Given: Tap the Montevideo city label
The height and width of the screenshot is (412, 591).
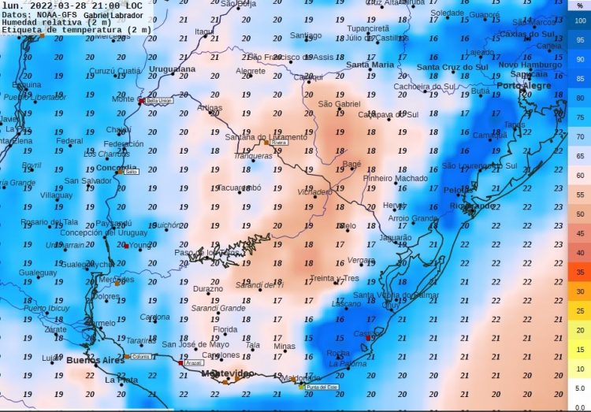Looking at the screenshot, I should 227,373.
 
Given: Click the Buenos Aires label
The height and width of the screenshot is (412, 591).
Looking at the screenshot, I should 94,360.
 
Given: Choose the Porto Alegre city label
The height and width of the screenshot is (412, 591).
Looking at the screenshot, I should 523,85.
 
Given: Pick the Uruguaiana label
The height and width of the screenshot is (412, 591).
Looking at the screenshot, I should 172,69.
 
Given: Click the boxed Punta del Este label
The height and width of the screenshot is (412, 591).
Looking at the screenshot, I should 322,387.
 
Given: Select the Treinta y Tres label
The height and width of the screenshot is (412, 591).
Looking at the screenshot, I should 334,278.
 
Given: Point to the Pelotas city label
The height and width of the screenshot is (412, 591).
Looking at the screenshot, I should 459,191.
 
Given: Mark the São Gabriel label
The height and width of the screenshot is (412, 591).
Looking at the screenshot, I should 338,104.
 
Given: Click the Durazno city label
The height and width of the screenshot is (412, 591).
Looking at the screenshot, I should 208,288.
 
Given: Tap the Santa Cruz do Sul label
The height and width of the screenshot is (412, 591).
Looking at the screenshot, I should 452,67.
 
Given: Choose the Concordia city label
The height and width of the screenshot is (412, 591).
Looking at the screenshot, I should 116,169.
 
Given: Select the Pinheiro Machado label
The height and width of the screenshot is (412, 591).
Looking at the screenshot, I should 395,178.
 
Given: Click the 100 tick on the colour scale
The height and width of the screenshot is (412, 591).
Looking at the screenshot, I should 579,20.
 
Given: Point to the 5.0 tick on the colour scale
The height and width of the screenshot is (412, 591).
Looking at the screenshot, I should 579,388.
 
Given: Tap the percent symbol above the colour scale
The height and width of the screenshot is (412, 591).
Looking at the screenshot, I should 579,5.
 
